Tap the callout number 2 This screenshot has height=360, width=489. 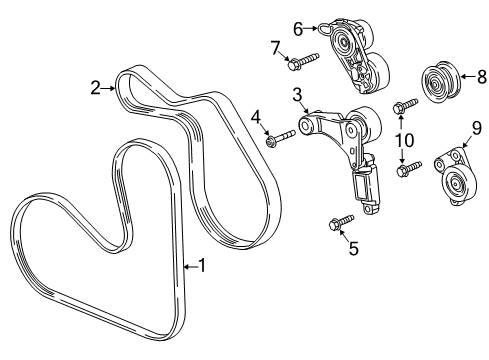pos(96,89)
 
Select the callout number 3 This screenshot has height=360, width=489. pos(298,95)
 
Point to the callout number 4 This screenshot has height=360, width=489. pos(257,118)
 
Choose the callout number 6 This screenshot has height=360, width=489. pos(297,29)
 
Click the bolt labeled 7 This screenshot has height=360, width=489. pos(300,62)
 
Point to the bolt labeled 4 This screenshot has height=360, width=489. pos(279,139)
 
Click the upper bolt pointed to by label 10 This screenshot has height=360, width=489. pos(404,105)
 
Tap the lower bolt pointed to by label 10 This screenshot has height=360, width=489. pos(404,170)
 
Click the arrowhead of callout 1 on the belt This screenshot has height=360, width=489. pos(184,266)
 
